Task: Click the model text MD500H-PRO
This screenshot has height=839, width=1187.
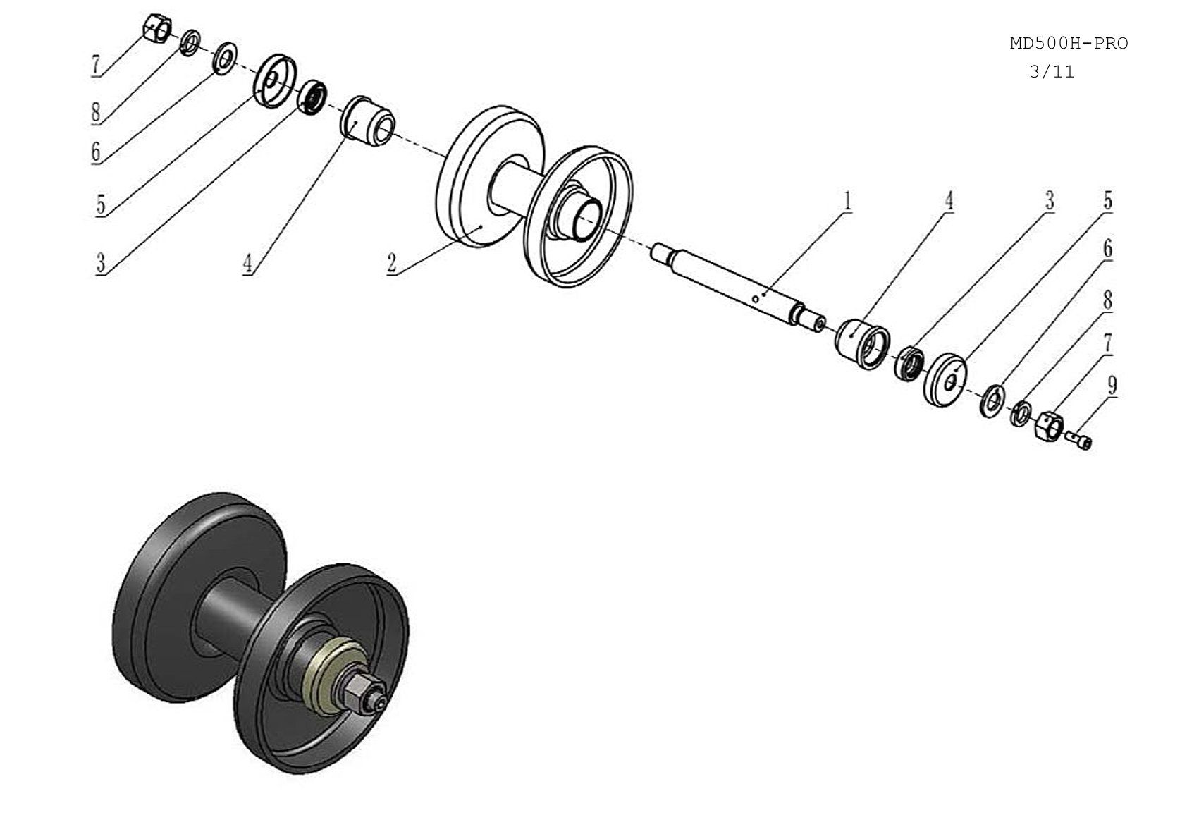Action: point(1069,44)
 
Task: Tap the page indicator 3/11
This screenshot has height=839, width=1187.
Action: point(1052,71)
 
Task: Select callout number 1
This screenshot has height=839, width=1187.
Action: point(847,202)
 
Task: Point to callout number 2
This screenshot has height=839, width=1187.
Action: point(392,262)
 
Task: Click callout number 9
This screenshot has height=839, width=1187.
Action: point(1112,385)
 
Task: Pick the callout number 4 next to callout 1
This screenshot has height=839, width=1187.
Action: point(949,202)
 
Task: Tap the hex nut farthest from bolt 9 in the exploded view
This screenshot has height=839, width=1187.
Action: point(158,27)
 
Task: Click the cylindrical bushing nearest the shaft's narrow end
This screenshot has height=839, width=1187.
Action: point(862,344)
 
